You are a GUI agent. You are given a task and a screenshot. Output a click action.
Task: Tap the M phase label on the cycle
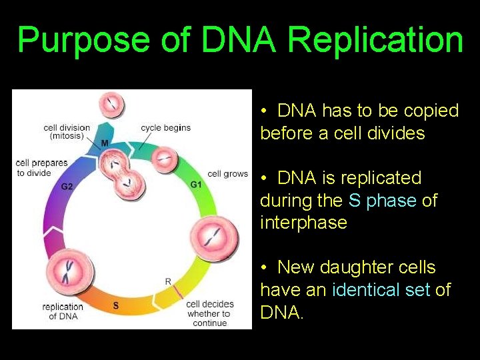(105, 143)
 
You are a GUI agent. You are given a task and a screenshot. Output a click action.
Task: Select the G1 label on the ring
(196, 185)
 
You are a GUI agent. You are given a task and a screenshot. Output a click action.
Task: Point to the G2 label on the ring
(67, 187)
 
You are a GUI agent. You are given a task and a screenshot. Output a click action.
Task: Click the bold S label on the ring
(115, 306)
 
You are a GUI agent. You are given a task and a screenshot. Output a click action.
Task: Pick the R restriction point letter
(168, 281)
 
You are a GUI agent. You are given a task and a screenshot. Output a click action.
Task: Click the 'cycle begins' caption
(165, 127)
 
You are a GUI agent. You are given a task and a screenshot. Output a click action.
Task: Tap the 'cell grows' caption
(227, 174)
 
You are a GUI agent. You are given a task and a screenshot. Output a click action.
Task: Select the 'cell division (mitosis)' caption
(67, 132)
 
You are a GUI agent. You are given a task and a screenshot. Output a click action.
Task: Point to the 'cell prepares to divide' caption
(41, 168)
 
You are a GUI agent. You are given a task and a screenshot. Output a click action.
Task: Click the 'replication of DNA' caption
(63, 311)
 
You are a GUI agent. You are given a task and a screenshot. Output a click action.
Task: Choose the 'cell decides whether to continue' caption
(208, 313)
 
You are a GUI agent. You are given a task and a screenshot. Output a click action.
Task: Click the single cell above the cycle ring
(111, 105)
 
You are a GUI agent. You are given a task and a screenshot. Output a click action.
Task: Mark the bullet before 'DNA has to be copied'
(265, 111)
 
